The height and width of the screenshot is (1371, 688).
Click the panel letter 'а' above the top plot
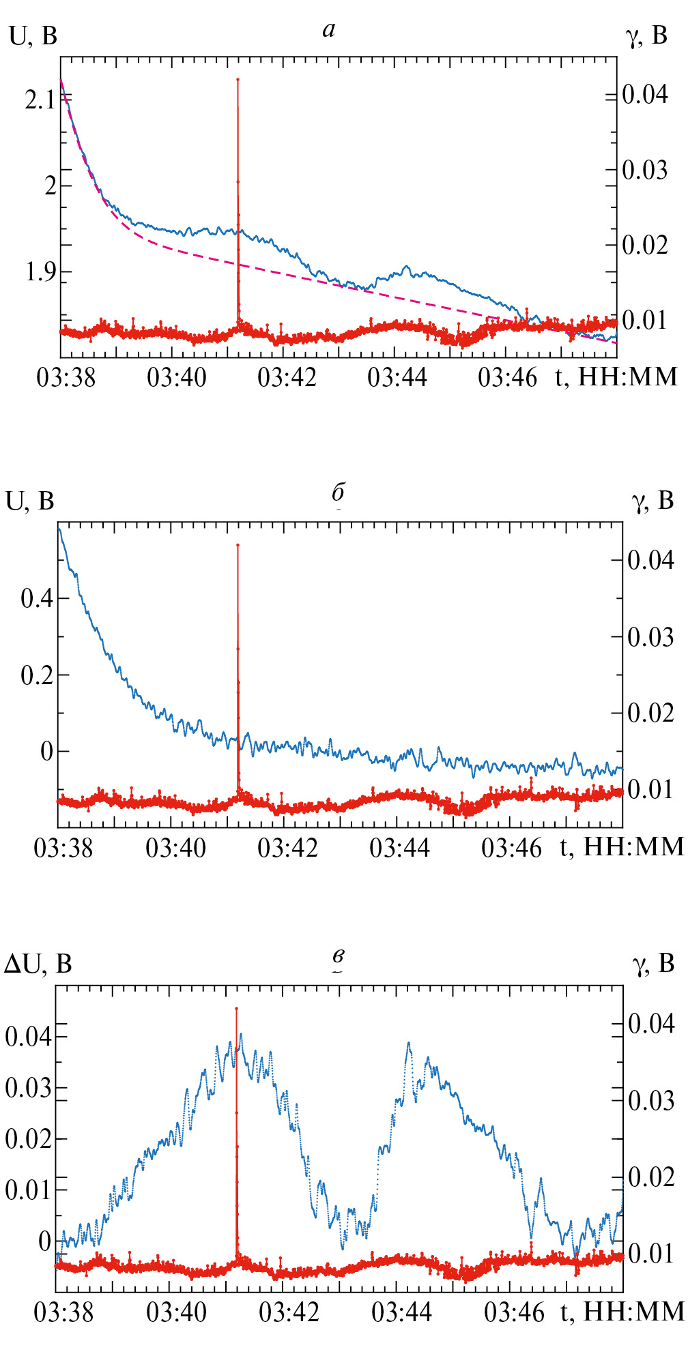pyautogui.click(x=329, y=29)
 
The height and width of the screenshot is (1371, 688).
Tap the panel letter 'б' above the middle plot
pyautogui.click(x=338, y=492)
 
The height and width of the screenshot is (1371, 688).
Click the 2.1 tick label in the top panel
pyautogui.click(x=40, y=101)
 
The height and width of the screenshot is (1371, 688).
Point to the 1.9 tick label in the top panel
pyautogui.click(x=40, y=272)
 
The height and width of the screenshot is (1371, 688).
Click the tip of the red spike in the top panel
pyautogui.click(x=238, y=80)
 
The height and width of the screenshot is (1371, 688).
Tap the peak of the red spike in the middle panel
pyautogui.click(x=238, y=545)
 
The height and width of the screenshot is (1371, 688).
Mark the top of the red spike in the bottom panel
pyautogui.click(x=236, y=1008)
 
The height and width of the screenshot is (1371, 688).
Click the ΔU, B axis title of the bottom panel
pyautogui.click(x=38, y=964)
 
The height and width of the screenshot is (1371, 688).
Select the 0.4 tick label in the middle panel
pyautogui.click(x=36, y=599)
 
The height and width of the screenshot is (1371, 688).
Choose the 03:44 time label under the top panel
pyautogui.click(x=397, y=377)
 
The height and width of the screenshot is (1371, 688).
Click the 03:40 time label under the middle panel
pyautogui.click(x=175, y=848)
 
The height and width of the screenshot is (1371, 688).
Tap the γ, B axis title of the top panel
pyautogui.click(x=646, y=35)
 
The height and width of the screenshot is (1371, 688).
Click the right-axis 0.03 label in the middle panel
pyautogui.click(x=650, y=637)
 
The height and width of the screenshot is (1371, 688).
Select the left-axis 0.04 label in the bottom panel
pyautogui.click(x=28, y=1037)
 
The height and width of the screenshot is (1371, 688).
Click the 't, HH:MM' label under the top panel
pyautogui.click(x=616, y=377)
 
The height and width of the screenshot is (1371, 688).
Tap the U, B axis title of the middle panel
pyautogui.click(x=30, y=501)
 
